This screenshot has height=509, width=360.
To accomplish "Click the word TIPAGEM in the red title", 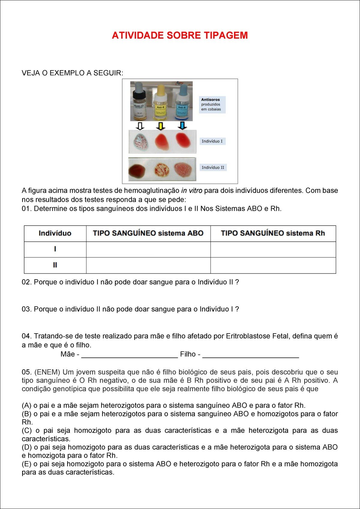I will pos(226,35).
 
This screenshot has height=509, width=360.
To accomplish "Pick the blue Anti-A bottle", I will pos(182,103).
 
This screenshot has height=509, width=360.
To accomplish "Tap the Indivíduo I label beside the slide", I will pos(212,141).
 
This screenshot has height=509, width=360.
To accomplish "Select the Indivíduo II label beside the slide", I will pos(213,167).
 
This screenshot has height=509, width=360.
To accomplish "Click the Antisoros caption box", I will pos(212,104).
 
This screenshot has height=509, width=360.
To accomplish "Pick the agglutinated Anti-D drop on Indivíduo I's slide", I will pos(139,142).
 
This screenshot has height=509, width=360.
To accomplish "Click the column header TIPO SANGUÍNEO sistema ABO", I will pos(148,233).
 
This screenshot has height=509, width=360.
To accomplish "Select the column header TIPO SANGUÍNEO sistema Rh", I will pos(273,233).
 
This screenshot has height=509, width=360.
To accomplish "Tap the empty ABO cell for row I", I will pos(148,250).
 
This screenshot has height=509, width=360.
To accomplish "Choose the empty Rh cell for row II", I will pos(273,265).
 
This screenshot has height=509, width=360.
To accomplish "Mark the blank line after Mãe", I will pos(130,355).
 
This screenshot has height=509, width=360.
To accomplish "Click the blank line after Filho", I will pos(250,355).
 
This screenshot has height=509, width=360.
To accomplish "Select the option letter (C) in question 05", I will pos(27,430).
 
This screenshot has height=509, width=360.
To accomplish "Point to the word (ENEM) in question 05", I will pos(47,372).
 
